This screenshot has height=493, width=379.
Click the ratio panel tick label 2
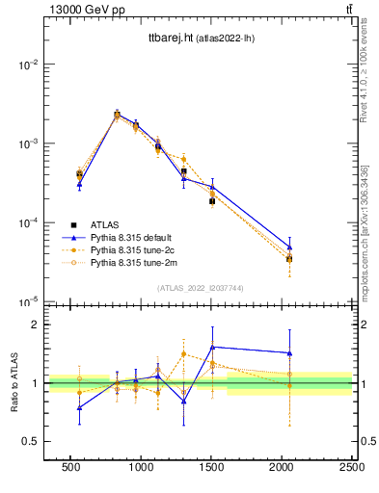click(x=34, y=324)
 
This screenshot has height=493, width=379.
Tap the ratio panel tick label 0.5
click(x=30, y=441)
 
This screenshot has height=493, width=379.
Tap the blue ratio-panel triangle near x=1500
click(x=212, y=347)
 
